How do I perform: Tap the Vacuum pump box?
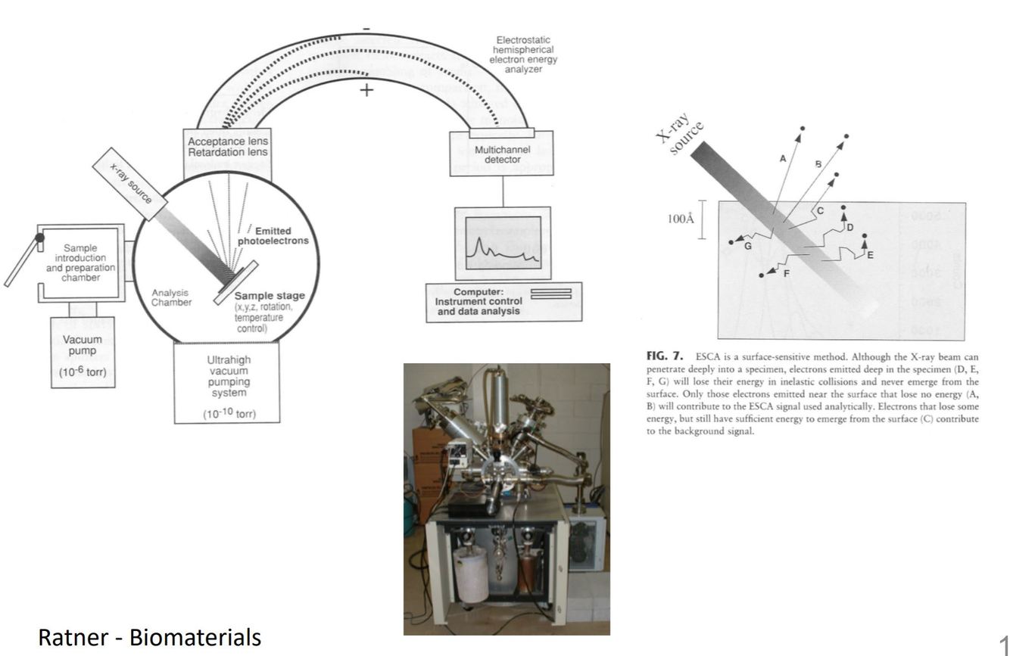pyautogui.click(x=83, y=352)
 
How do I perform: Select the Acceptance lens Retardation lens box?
pyautogui.click(x=227, y=147)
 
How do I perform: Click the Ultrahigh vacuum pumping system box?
pyautogui.click(x=227, y=383)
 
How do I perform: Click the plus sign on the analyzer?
pyautogui.click(x=366, y=90)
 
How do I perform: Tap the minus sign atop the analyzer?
pyautogui.click(x=366, y=29)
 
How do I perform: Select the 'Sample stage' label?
pyautogui.click(x=264, y=296)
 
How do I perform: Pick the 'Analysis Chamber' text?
pyautogui.click(x=171, y=297)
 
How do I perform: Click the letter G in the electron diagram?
pyautogui.click(x=749, y=246)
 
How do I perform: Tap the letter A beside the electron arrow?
pyautogui.click(x=783, y=159)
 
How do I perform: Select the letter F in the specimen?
pyautogui.click(x=786, y=272)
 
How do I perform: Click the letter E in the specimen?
pyautogui.click(x=870, y=255)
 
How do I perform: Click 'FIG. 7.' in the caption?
pyautogui.click(x=664, y=356)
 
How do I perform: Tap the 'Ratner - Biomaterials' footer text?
pyautogui.click(x=149, y=638)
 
